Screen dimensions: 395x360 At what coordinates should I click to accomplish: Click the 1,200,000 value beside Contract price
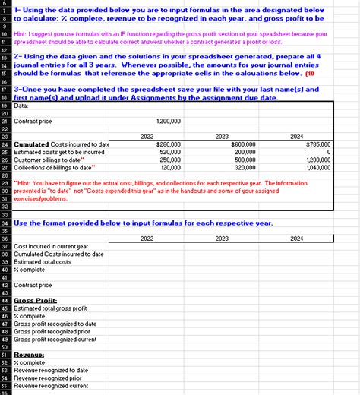click(168, 121)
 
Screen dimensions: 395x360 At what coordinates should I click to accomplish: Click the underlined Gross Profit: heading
click(36, 301)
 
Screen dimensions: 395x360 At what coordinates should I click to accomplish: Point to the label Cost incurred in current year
click(51, 246)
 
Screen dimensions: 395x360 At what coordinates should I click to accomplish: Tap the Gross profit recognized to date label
click(55, 324)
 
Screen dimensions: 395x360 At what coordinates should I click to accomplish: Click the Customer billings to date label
click(49, 160)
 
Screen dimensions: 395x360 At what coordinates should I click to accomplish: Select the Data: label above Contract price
click(22, 106)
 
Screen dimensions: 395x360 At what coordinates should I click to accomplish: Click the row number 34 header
click(5, 224)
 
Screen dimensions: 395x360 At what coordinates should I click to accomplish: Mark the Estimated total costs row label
click(42, 261)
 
